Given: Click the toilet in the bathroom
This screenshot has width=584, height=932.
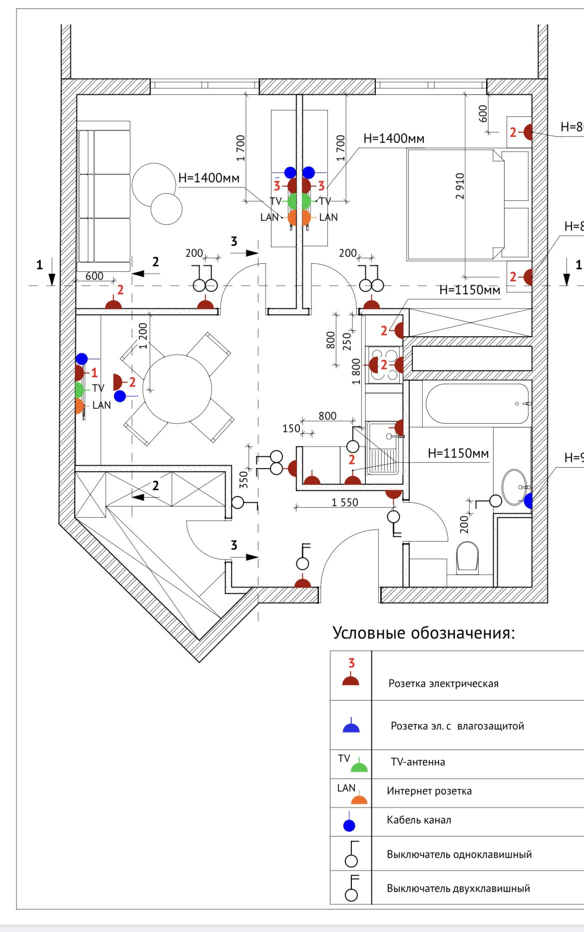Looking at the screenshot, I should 468,556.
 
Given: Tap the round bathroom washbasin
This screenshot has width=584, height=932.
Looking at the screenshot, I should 515,486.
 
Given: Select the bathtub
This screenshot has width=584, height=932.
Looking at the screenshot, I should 477,403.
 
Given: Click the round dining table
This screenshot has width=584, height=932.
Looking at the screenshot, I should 177,388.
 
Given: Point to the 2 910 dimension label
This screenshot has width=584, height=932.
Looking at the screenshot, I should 460,186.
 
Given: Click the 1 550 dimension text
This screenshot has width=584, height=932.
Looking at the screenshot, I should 345,502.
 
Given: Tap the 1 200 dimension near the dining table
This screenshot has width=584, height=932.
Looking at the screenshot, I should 143,336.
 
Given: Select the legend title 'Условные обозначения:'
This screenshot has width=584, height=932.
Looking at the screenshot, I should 423,633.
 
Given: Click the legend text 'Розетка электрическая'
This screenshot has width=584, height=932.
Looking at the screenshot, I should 443,684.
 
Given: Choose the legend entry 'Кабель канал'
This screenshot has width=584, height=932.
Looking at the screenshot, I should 419,820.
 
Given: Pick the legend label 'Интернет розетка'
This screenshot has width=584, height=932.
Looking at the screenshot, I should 429,791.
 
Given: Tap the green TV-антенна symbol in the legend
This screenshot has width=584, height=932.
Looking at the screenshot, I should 359,766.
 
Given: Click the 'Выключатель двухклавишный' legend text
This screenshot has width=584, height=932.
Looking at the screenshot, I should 458,889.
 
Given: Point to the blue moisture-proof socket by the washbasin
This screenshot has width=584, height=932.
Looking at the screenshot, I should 528,500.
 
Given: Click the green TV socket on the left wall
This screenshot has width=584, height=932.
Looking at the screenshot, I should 79,389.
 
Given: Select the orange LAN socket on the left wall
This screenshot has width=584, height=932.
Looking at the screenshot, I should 79,405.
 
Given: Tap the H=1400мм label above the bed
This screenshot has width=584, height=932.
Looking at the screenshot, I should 394,138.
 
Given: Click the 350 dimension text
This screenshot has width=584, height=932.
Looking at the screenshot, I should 244,479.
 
